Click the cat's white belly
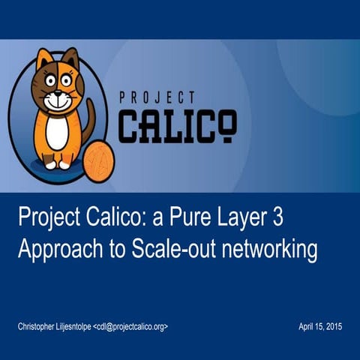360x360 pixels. pyautogui.click(x=57, y=131)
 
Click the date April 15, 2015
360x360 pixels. pyautogui.click(x=320, y=328)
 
